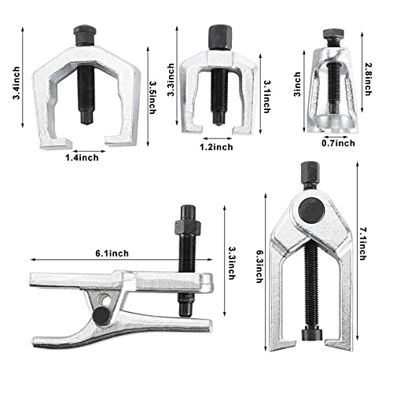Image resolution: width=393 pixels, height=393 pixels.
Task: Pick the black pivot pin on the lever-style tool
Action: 101,314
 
